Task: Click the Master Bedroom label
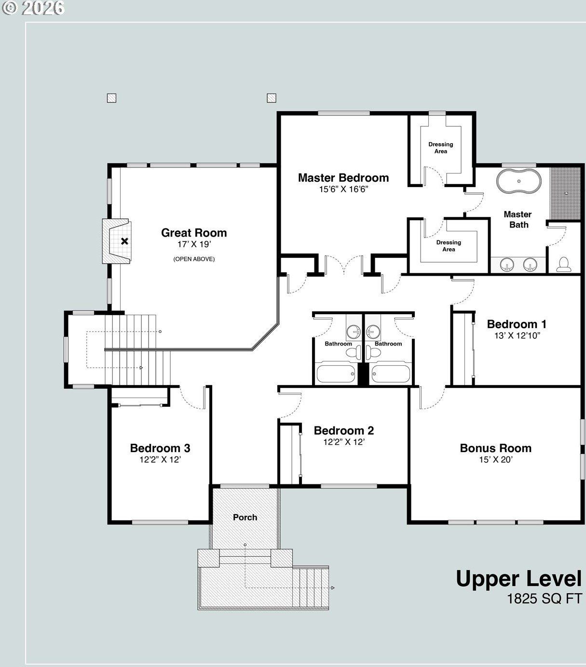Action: pyautogui.click(x=343, y=178)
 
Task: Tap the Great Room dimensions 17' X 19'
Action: pyautogui.click(x=194, y=244)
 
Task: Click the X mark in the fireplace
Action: pyautogui.click(x=124, y=241)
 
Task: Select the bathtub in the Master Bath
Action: pyautogui.click(x=519, y=181)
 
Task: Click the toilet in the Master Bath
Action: pyautogui.click(x=564, y=265)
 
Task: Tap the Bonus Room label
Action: pyautogui.click(x=495, y=448)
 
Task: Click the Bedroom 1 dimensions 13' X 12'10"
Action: pyautogui.click(x=517, y=336)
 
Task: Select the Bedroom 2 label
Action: pyautogui.click(x=344, y=431)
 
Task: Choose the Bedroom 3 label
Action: pyautogui.click(x=160, y=448)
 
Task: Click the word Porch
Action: pyautogui.click(x=245, y=517)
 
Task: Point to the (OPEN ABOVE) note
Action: pyautogui.click(x=194, y=259)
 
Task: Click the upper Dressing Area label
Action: pyautogui.click(x=441, y=148)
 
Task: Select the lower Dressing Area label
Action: pyautogui.click(x=449, y=246)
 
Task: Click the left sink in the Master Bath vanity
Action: pyautogui.click(x=507, y=265)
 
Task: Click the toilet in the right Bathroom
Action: pyautogui.click(x=373, y=353)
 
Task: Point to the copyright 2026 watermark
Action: pyautogui.click(x=33, y=8)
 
